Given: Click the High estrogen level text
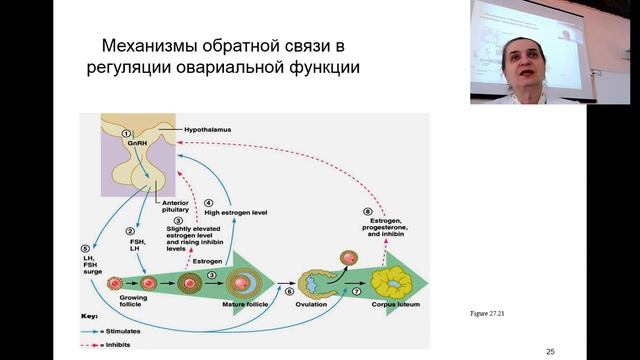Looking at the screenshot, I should [233, 212].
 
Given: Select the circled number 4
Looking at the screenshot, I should [208, 203].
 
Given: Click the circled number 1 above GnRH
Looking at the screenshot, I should [126, 133].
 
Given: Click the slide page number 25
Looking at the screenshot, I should [551, 352].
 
